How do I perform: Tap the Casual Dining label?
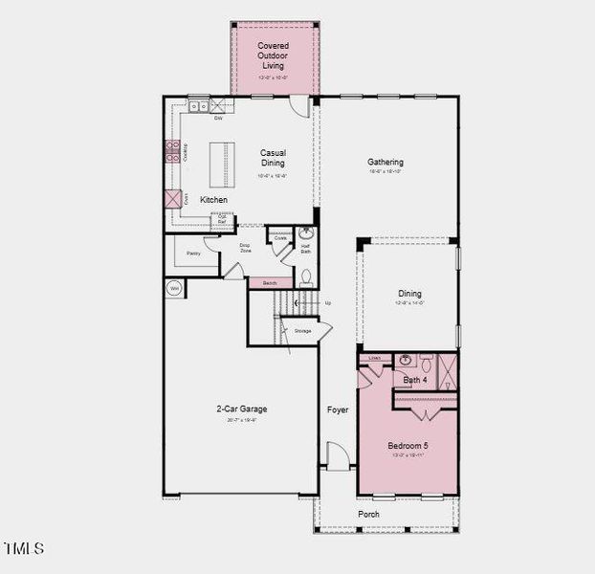pos(274,158)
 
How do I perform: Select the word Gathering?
pos(386,162)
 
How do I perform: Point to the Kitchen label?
pos(213,199)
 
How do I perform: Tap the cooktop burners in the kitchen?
pos(173,150)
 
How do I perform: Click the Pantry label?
pos(194,254)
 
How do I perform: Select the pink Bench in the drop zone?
pos(270,283)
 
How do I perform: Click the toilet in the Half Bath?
pos(306,276)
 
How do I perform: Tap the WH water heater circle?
pos(175,287)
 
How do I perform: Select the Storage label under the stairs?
pos(302,331)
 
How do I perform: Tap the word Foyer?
pos(338,409)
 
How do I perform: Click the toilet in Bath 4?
pos(426,363)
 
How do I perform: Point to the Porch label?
pos(368,514)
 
